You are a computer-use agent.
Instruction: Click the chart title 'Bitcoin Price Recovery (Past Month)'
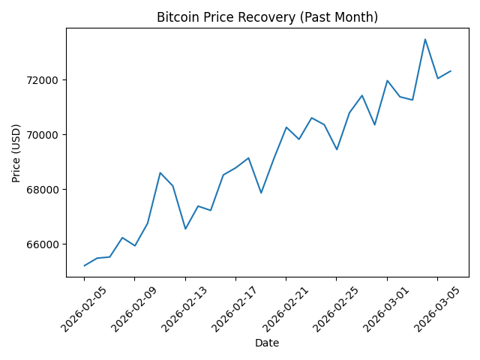pyautogui.click(x=267, y=17)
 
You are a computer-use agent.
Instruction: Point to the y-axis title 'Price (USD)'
pyautogui.click(x=16, y=152)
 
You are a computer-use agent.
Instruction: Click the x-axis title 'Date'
pyautogui.click(x=267, y=343)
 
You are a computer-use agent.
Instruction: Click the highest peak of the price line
pyautogui.click(x=425, y=39)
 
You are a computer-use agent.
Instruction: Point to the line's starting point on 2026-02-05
pyautogui.click(x=84, y=265)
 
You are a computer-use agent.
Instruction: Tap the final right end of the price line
pyautogui.click(x=450, y=71)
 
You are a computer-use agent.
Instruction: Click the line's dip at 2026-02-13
pyautogui.click(x=185, y=229)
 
